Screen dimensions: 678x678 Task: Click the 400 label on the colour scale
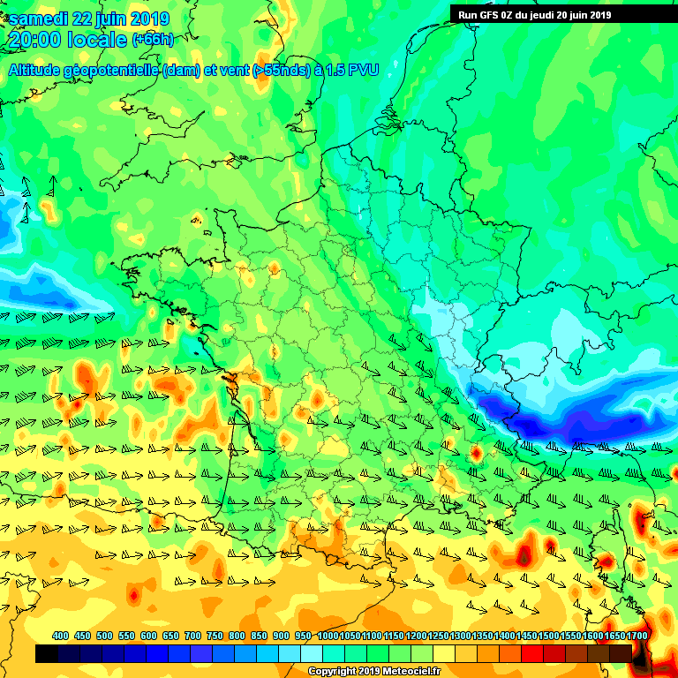[60, 637]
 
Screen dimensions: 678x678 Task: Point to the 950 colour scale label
[303, 637]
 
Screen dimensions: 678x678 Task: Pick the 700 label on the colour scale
[192, 637]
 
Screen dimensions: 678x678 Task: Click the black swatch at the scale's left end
[46, 653]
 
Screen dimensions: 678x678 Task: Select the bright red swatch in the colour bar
[531, 653]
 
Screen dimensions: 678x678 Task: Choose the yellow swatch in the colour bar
[443, 653]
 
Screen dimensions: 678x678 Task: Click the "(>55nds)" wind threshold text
[277, 71]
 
